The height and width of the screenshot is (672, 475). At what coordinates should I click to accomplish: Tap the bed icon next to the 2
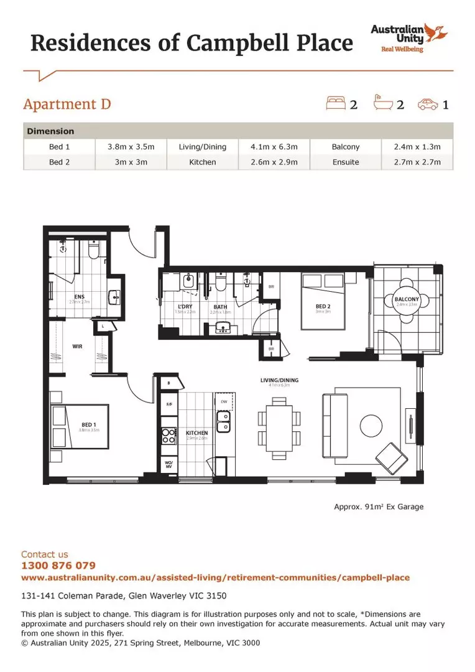click(x=335, y=103)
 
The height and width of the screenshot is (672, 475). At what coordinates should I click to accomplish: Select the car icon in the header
click(x=427, y=103)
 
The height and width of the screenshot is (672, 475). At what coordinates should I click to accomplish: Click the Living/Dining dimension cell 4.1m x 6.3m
click(x=274, y=147)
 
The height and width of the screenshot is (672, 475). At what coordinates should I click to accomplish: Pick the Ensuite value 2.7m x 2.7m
click(x=418, y=162)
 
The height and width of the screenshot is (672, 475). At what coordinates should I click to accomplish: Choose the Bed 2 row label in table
click(x=60, y=162)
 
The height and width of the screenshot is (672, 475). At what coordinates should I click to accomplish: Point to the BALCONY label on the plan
click(x=407, y=300)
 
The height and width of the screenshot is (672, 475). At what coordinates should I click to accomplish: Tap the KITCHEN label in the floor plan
click(x=197, y=433)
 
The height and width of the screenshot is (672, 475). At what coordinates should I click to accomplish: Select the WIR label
click(x=78, y=346)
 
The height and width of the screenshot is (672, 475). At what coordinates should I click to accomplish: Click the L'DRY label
click(x=185, y=307)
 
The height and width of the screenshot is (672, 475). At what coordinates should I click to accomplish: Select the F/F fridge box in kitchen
click(x=168, y=404)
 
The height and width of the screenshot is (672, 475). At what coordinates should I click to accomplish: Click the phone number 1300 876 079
click(x=58, y=566)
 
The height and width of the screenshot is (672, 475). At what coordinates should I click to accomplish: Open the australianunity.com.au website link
click(x=215, y=577)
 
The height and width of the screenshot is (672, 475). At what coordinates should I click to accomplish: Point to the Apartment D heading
click(x=67, y=103)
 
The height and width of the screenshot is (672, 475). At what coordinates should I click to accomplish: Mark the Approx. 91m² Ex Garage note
click(x=379, y=506)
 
